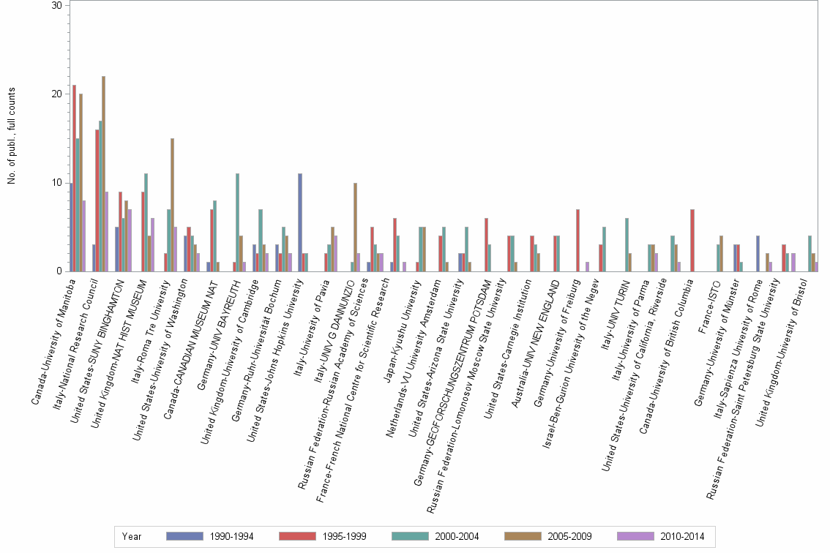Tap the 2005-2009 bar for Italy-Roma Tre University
[172, 205]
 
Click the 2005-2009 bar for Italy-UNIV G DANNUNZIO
[355, 227]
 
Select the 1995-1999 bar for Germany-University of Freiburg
[577, 241]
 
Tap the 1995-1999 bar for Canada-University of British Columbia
[692, 241]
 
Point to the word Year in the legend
[132, 537]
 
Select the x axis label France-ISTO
[710, 296]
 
